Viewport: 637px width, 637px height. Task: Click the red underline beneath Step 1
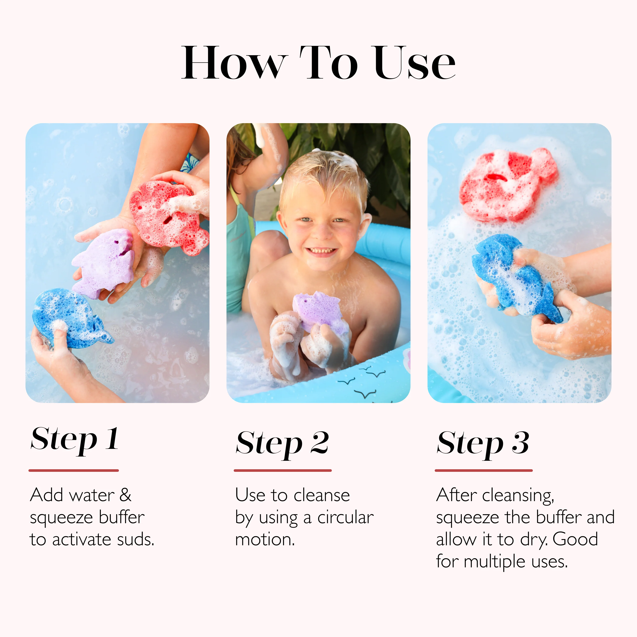73,471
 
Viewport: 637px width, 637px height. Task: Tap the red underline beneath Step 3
483,471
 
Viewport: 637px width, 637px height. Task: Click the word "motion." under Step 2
265,539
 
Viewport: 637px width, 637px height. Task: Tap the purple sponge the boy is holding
318,310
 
